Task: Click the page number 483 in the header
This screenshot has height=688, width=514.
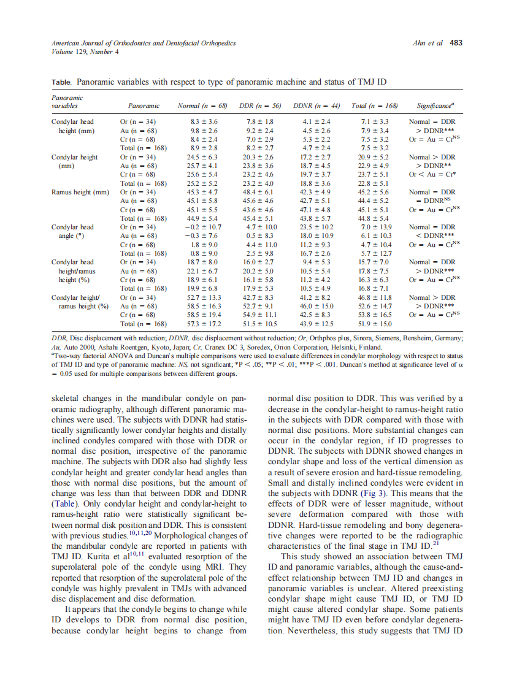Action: pos(456,43)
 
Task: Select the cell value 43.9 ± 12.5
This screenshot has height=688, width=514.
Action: pos(316,323)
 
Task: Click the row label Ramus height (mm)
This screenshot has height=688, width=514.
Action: pos(80,192)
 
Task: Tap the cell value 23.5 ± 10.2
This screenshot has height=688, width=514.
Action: pos(316,227)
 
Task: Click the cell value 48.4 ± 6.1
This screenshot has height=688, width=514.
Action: pos(259,192)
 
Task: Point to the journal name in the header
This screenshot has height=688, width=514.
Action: pos(144,43)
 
